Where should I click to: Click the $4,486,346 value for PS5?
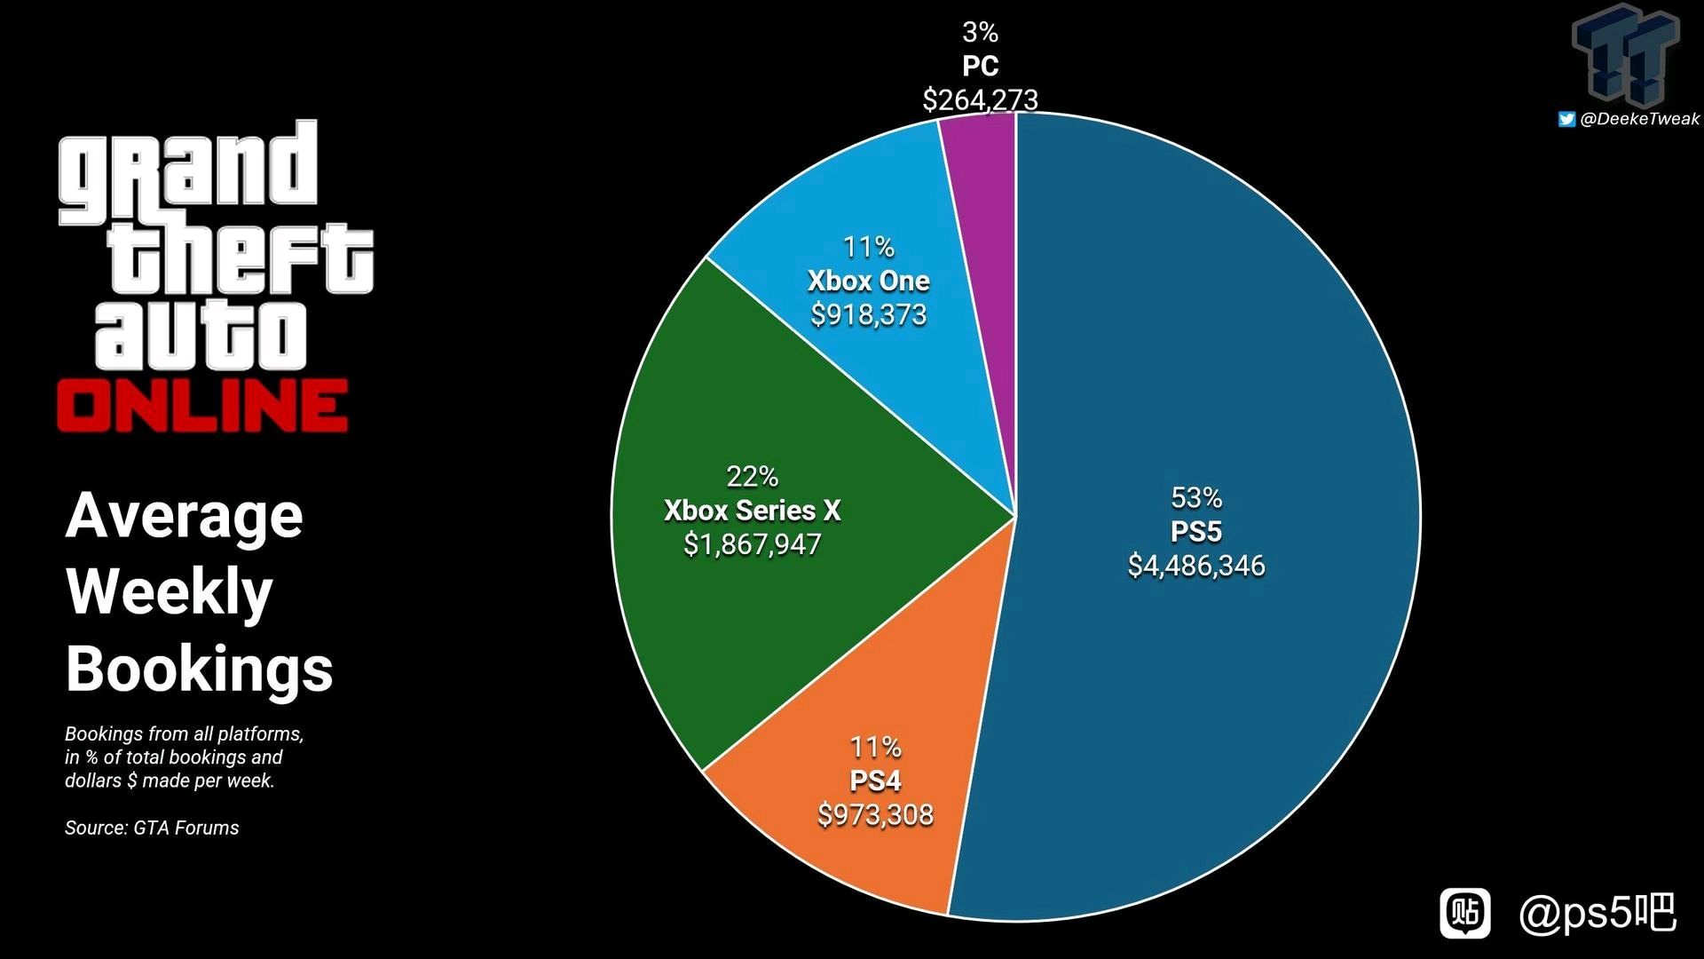1196,566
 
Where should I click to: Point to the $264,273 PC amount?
980,99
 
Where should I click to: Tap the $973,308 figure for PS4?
875,815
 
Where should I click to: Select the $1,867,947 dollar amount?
753,544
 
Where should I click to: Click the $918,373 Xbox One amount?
869,314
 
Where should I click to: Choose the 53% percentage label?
1196,498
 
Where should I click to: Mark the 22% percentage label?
753,477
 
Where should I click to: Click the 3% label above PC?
980,33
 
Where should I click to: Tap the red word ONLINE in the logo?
202,406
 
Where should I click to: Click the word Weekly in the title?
170,591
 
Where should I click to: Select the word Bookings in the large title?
199,669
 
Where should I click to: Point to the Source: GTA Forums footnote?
152,828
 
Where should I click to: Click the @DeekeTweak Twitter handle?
1639,119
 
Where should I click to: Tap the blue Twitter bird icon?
1566,119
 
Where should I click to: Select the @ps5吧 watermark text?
1597,913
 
